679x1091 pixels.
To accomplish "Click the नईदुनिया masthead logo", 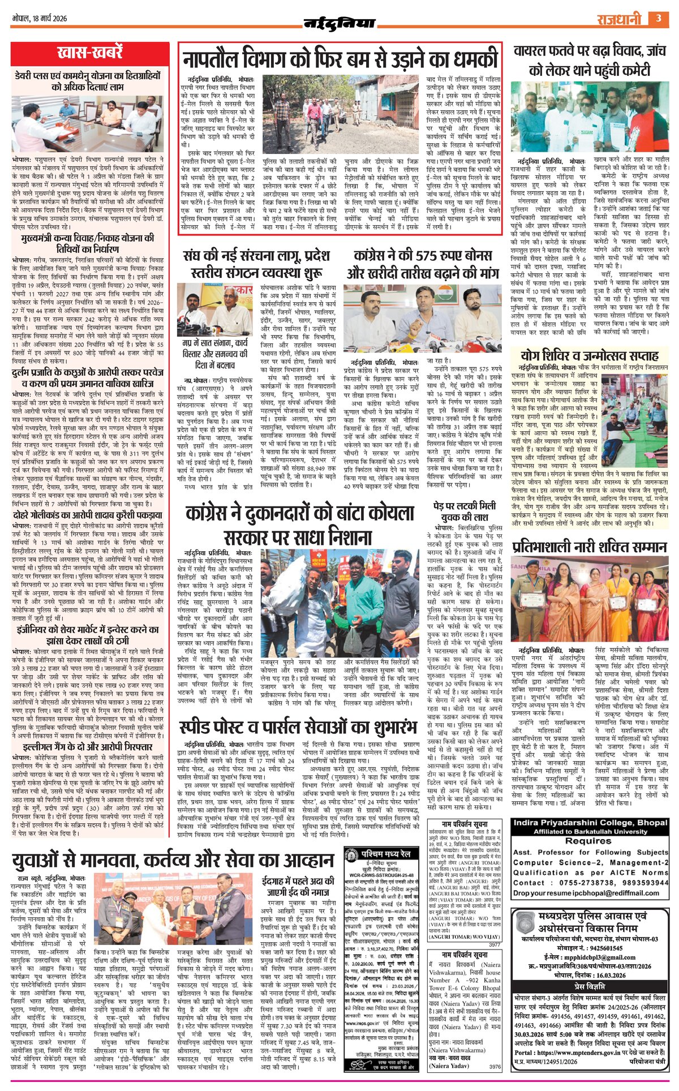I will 339,23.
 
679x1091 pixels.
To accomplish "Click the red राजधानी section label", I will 618,19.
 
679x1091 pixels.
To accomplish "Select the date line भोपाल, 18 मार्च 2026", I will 40,19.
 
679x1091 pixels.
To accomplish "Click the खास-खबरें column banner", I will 89,53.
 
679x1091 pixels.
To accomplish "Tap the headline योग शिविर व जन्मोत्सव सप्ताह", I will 590,355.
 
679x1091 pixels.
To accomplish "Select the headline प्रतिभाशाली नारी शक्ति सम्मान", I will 590,547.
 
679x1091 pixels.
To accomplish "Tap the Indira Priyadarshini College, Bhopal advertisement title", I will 590,822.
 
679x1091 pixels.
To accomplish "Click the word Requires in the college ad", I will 588,841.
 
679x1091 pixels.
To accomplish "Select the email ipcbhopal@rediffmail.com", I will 624,893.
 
